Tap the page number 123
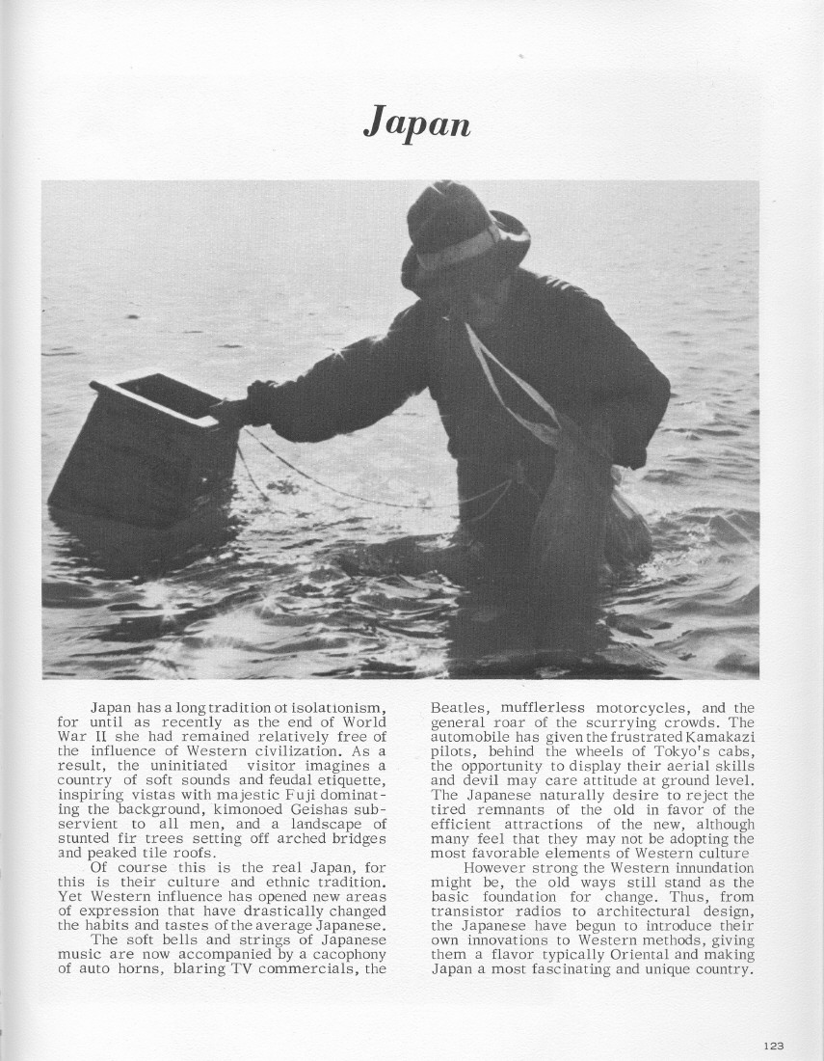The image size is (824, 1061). tap(773, 1046)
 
